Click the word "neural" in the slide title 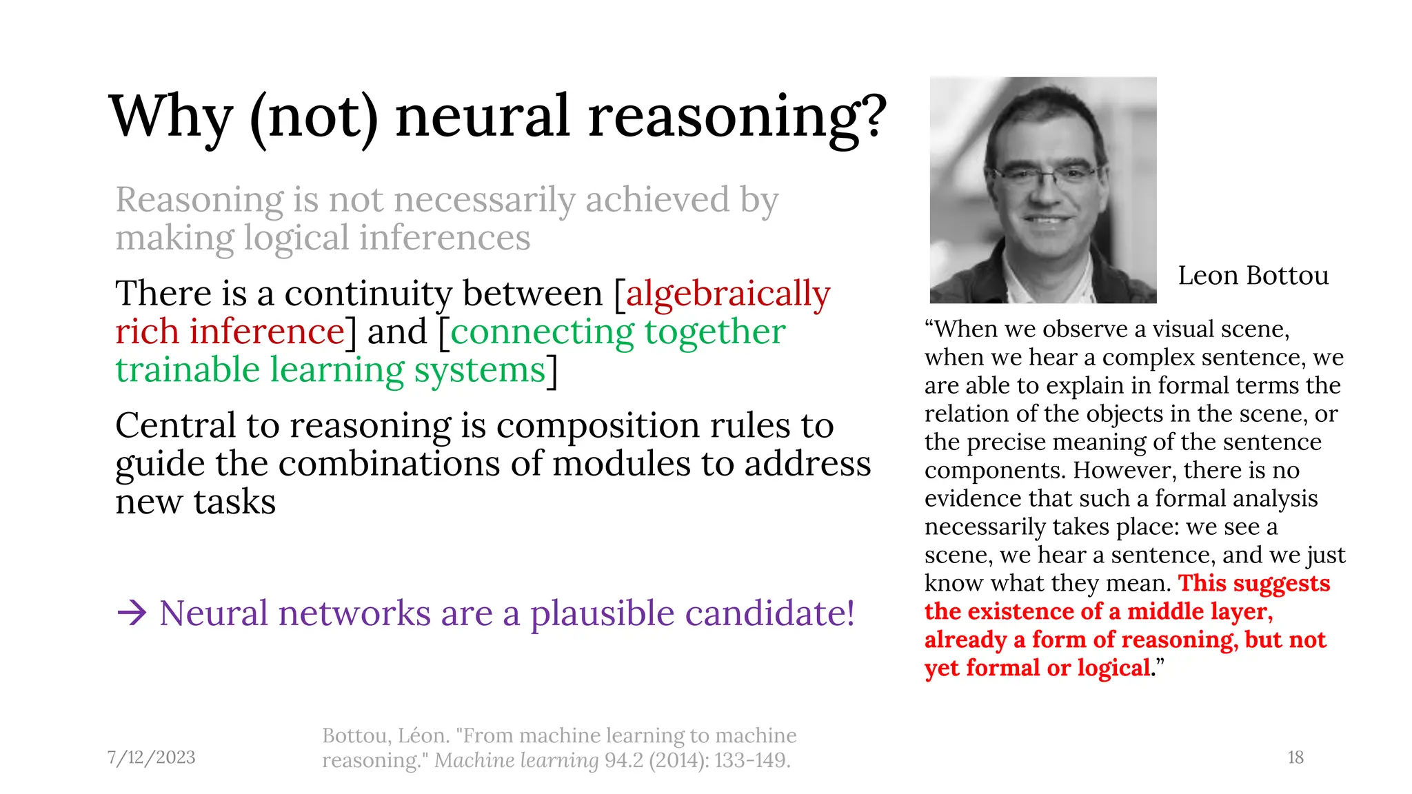pyautogui.click(x=483, y=116)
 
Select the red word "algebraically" pyautogui.click(x=728, y=294)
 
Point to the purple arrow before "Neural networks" pyautogui.click(x=132, y=613)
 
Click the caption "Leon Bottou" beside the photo pyautogui.click(x=1253, y=276)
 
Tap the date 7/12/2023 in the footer pyautogui.click(x=152, y=757)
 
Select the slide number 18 pyautogui.click(x=1295, y=757)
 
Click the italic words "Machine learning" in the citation pyautogui.click(x=516, y=761)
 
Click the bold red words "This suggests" pyautogui.click(x=1253, y=583)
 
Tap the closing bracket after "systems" pyautogui.click(x=552, y=371)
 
